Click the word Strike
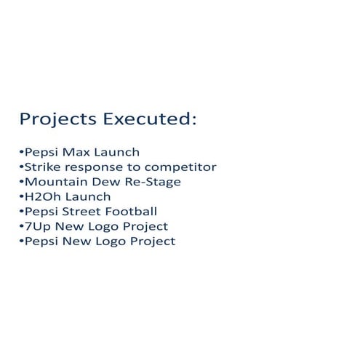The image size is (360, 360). [40, 167]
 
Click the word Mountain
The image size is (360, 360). [53, 182]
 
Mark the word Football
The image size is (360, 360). [131, 212]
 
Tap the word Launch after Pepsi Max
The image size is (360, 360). [114, 153]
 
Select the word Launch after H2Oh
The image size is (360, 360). [87, 196]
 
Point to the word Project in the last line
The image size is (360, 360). [152, 241]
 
